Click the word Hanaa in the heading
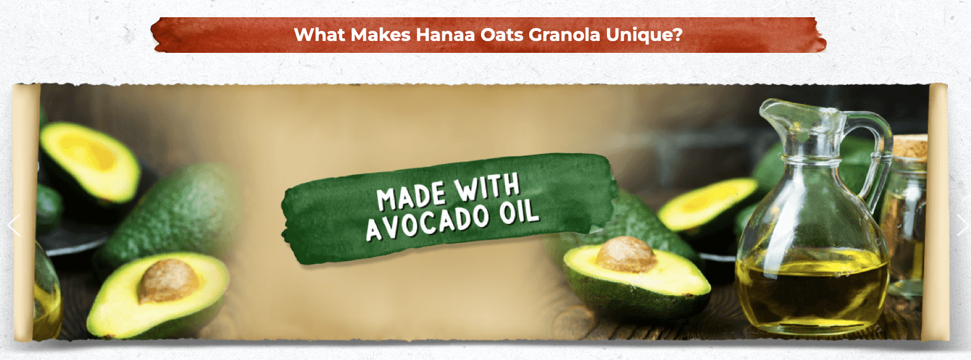click(445, 34)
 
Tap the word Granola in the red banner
click(564, 35)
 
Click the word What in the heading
click(320, 34)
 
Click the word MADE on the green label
click(412, 197)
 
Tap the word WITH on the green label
click(487, 187)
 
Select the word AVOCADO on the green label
click(428, 223)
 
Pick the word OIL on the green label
click(519, 212)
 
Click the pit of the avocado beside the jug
click(625, 254)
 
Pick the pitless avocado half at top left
click(90, 162)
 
